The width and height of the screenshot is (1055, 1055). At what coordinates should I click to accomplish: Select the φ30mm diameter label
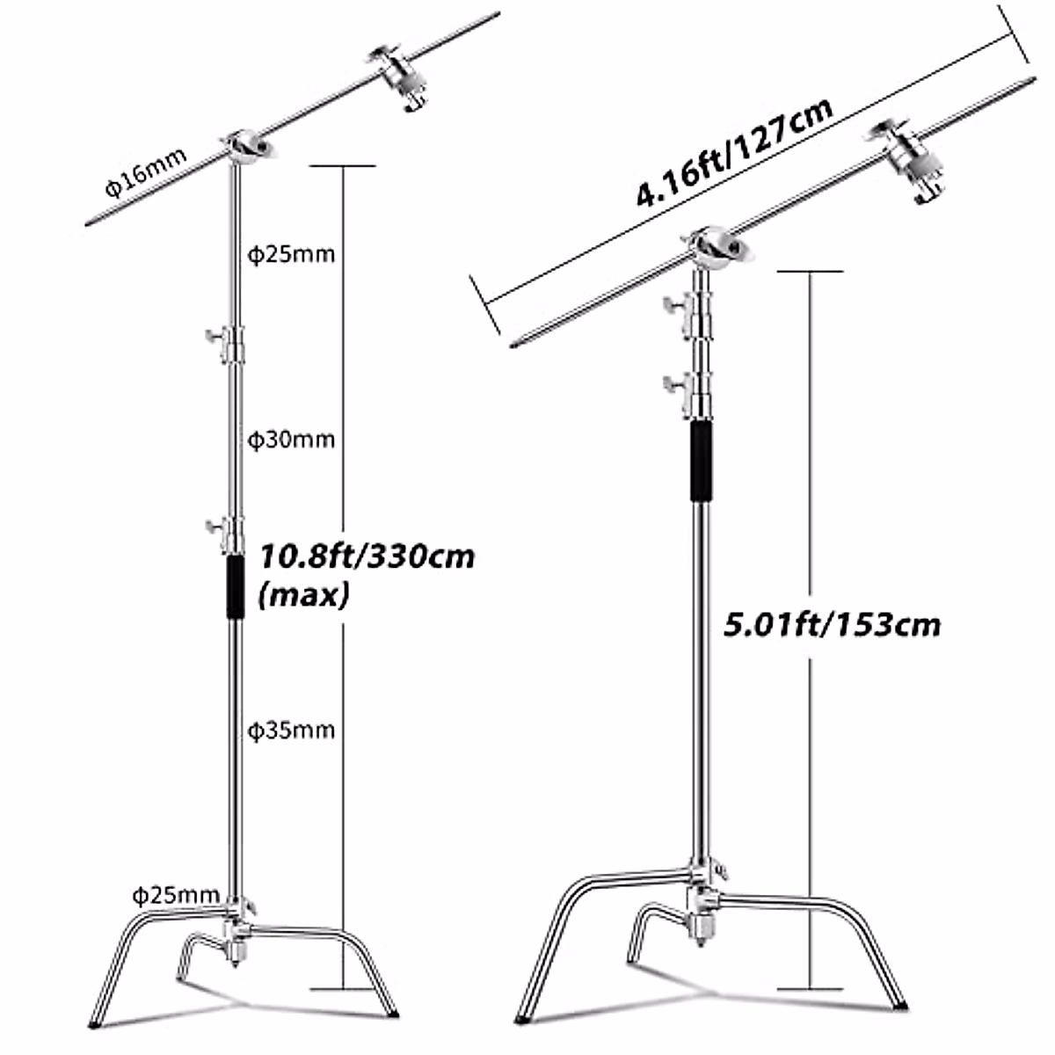click(291, 439)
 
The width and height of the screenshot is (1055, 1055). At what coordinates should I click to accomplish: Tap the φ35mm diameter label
click(291, 730)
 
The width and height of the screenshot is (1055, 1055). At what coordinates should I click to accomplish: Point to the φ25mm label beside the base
click(176, 895)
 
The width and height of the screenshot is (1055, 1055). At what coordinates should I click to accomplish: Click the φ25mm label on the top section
click(291, 254)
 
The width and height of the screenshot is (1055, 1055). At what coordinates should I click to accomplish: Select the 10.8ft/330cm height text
click(366, 557)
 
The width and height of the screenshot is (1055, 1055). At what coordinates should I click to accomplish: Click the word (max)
click(303, 596)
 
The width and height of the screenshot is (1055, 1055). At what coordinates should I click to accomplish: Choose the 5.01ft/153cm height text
click(832, 625)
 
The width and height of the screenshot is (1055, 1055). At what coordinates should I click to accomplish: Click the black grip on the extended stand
click(235, 586)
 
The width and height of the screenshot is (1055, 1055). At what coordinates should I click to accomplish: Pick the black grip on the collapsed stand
click(700, 462)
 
